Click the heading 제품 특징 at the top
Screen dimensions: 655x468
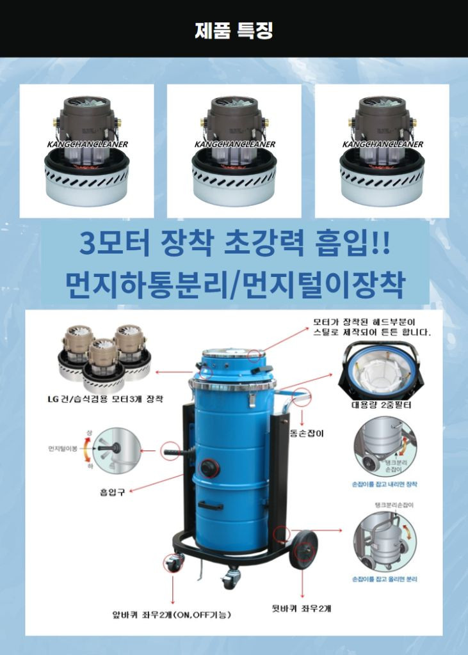point(234,30)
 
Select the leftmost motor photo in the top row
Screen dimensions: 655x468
point(86,151)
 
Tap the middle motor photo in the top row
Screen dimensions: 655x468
point(234,151)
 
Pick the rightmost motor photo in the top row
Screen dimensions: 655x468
point(382,151)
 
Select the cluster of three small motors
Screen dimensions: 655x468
point(102,355)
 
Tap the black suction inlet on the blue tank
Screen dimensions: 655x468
point(208,468)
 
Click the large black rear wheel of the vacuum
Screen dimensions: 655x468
point(303,549)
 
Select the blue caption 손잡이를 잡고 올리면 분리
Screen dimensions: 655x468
point(385,579)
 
